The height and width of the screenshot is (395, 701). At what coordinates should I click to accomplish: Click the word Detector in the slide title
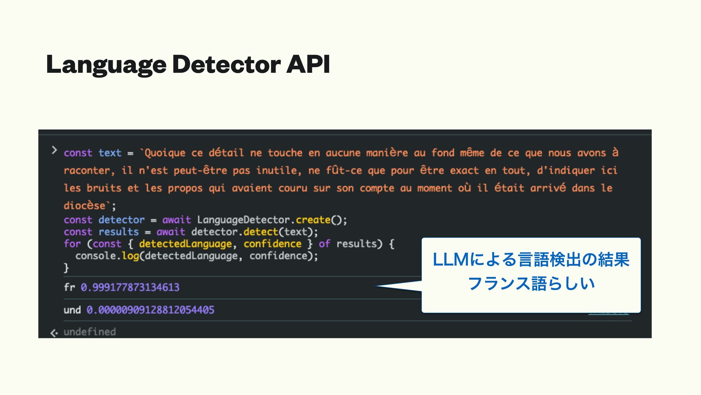(226, 64)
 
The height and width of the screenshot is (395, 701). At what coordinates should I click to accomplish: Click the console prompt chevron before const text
(54, 150)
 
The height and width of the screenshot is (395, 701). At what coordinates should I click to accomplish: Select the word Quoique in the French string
(165, 153)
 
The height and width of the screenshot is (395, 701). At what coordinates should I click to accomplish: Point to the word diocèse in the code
(85, 206)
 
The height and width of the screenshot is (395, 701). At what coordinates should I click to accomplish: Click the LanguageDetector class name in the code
(243, 220)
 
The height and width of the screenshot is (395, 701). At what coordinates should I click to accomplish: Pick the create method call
(313, 220)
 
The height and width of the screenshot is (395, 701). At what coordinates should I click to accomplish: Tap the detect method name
(261, 232)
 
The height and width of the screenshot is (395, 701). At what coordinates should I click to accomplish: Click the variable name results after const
(119, 232)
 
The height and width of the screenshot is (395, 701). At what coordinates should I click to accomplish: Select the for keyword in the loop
(72, 244)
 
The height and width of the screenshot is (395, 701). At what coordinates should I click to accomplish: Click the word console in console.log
(96, 256)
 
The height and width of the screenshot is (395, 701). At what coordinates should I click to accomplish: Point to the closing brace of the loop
(66, 268)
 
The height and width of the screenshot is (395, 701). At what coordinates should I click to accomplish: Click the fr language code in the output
(69, 287)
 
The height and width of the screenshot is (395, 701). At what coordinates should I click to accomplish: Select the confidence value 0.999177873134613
(130, 287)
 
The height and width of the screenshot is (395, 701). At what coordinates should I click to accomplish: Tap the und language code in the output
(72, 310)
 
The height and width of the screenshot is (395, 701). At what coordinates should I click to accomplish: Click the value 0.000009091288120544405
(150, 310)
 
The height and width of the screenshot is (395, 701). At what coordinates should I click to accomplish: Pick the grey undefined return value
(90, 332)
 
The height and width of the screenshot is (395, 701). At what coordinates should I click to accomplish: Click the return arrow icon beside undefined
(54, 333)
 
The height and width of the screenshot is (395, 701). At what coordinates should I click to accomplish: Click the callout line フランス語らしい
(531, 283)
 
